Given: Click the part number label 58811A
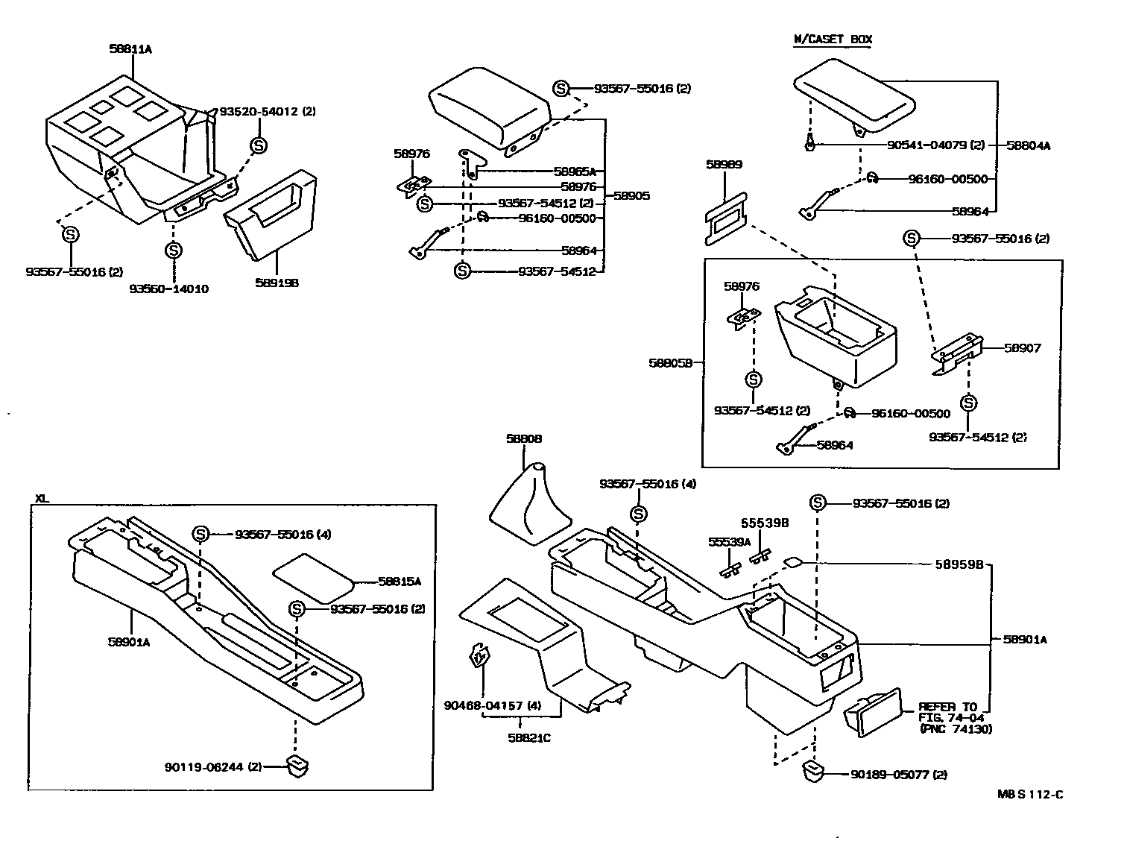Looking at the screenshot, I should point(130,49).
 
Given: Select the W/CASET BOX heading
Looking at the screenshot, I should point(832,40).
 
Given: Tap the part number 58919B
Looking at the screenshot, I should point(277,283).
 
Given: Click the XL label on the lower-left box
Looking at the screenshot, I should point(42,498).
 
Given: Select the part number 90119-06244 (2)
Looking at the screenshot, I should point(213,766).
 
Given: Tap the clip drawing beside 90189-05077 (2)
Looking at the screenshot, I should point(813,772).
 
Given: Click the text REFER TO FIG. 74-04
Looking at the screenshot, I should point(948,712).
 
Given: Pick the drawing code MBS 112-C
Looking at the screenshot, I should point(1030,794).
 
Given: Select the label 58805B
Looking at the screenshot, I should point(671,363).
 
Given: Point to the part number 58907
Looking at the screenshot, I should point(1022,348).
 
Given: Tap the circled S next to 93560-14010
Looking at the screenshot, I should point(173,251).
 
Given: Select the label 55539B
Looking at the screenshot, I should point(765,523).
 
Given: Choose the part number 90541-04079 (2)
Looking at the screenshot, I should point(936,145).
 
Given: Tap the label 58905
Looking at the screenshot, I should point(631,196).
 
